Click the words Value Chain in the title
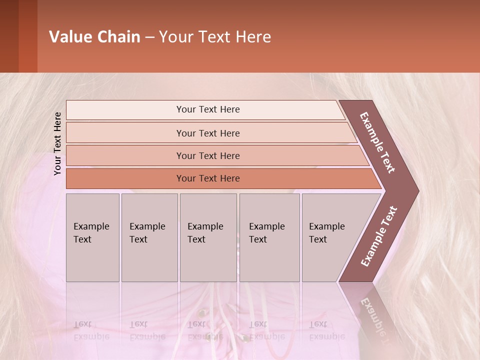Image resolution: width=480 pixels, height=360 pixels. pos(94,37)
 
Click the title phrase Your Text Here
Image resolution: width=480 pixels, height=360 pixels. pos(215,37)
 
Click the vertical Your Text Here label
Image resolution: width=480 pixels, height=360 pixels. pos(58,143)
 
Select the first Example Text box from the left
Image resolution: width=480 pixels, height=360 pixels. pos(92,237)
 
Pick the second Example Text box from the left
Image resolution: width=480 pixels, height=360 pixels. pos(149,237)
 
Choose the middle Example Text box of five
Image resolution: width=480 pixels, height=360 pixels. pos(208,237)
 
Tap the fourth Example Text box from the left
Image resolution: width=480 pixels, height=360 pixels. pos(269,237)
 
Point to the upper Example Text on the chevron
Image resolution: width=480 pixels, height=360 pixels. pos(377,142)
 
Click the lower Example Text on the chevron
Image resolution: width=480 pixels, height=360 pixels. pos(379,236)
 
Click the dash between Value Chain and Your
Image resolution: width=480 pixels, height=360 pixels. pos(149,37)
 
